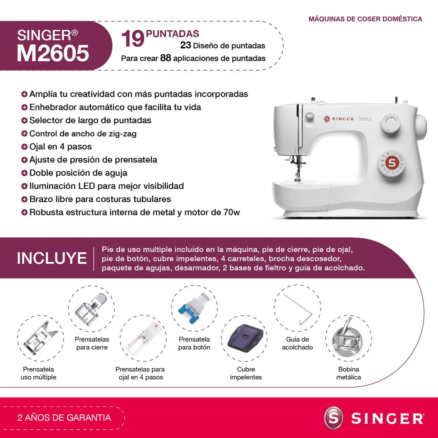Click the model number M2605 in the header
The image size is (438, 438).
pos(53,53)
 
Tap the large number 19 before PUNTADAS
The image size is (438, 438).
pos(132,39)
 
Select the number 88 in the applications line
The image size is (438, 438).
pos(166,58)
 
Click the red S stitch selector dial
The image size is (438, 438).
pos(392,163)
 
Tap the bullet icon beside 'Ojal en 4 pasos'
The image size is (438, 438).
pos(24,147)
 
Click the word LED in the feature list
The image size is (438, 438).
pos(87,186)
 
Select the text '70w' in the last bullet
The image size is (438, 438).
pos(231,212)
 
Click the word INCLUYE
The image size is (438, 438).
pos(52,258)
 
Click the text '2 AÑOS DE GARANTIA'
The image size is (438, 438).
pos(64,418)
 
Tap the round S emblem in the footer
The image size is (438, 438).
pos(334,418)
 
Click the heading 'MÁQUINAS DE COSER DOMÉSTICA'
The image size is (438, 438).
pos(365,19)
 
